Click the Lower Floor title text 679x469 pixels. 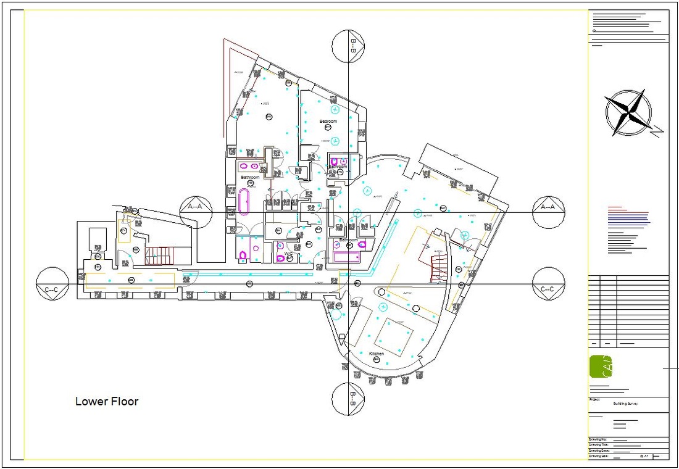pos(107,402)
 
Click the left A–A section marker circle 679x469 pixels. pos(196,207)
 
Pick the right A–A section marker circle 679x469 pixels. pos(548,207)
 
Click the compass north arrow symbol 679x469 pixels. pos(628,113)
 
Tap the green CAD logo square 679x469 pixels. pos(601,367)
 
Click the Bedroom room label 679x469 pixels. pos(328,122)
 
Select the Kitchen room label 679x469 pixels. pos(377,354)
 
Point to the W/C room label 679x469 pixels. pos(288,253)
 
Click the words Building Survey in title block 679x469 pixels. pos(625,404)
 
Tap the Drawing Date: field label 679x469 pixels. pos(600,451)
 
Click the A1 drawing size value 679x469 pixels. pos(647,456)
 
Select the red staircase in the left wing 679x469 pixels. pos(160,255)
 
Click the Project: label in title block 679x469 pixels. pos(596,399)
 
